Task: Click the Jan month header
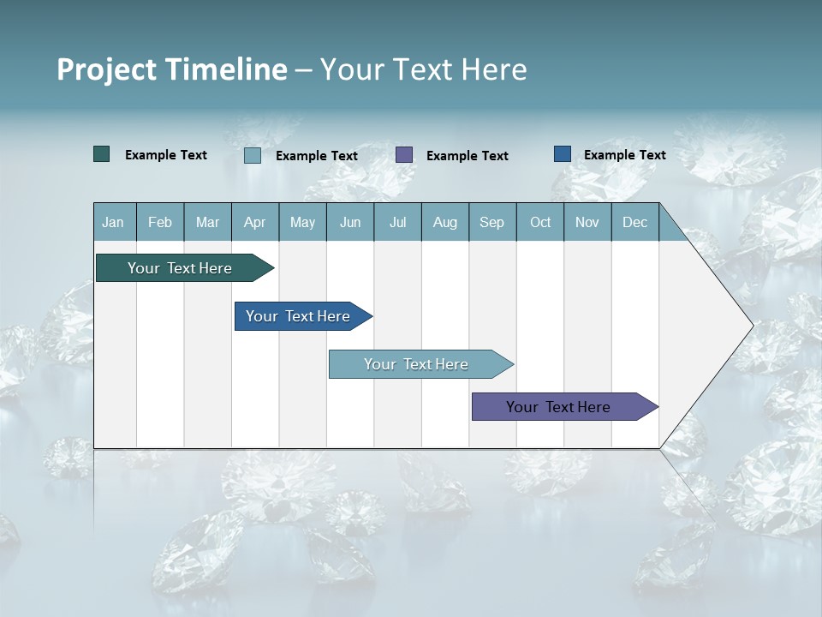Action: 113,222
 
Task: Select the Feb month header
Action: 160,222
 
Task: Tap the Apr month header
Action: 254,222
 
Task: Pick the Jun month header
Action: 350,222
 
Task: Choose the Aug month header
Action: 445,222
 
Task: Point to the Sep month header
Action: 491,222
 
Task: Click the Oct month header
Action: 540,222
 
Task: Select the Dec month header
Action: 634,222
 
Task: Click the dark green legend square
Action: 102,154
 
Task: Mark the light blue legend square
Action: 253,155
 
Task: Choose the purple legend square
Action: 404,155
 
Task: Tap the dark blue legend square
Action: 563,154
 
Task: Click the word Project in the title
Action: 107,69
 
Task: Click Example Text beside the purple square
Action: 467,156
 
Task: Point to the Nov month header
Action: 587,222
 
